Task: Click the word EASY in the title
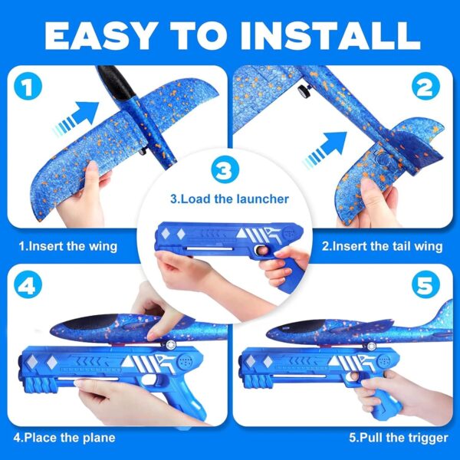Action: (100, 36)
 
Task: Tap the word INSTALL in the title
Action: (330, 36)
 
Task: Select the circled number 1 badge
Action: (28, 86)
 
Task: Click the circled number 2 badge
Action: (426, 86)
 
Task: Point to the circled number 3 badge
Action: (225, 169)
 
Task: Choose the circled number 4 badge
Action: (28, 284)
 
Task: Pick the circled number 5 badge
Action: (426, 284)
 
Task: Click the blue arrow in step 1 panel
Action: (77, 118)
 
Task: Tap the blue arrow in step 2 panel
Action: (326, 149)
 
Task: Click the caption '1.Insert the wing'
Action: (68, 246)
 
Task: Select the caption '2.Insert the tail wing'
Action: (382, 246)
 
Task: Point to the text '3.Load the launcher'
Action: (229, 199)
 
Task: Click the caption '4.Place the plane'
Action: (64, 438)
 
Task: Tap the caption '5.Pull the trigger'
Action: (399, 438)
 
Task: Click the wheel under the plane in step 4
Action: (170, 344)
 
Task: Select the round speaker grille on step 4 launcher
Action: (185, 361)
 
